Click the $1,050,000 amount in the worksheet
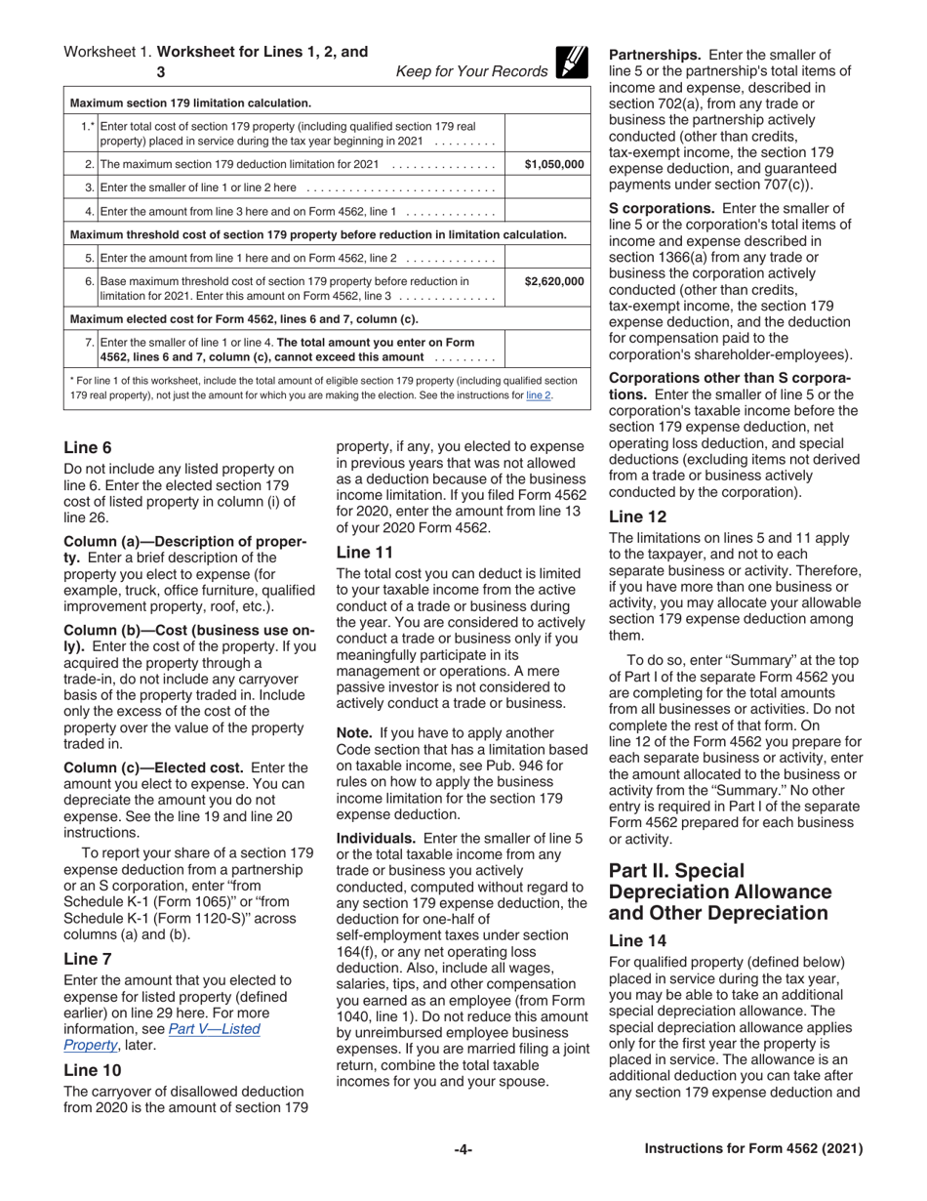coord(553,164)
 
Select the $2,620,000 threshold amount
coord(553,281)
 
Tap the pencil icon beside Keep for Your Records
coord(571,62)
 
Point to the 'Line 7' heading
coord(88,958)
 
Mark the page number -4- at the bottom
coord(463,1150)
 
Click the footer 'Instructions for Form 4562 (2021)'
coord(753,1150)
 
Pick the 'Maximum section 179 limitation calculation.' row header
coord(191,102)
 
